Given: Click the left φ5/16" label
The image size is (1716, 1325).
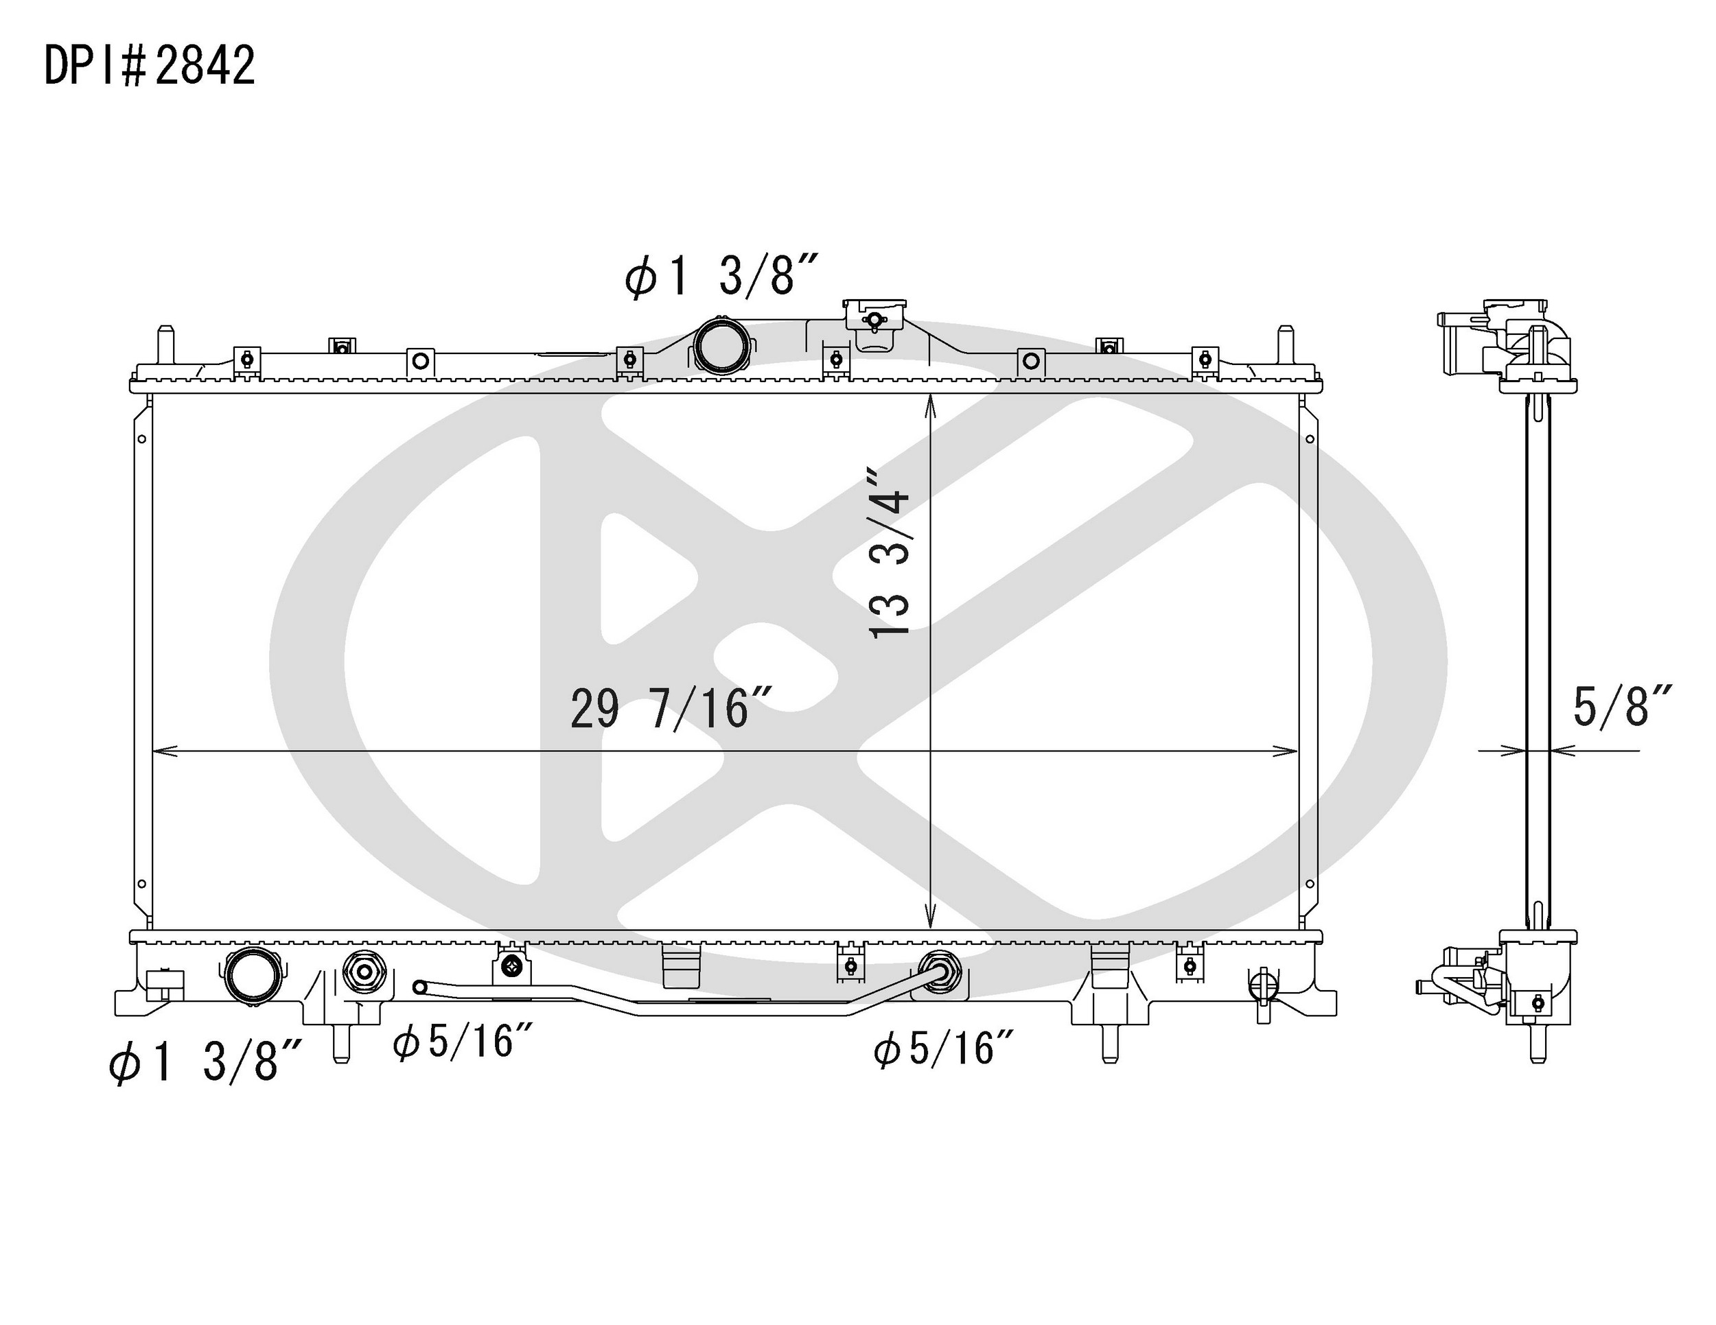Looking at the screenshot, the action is [x=463, y=1043].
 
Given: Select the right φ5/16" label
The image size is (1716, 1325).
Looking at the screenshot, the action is [x=944, y=1049].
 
